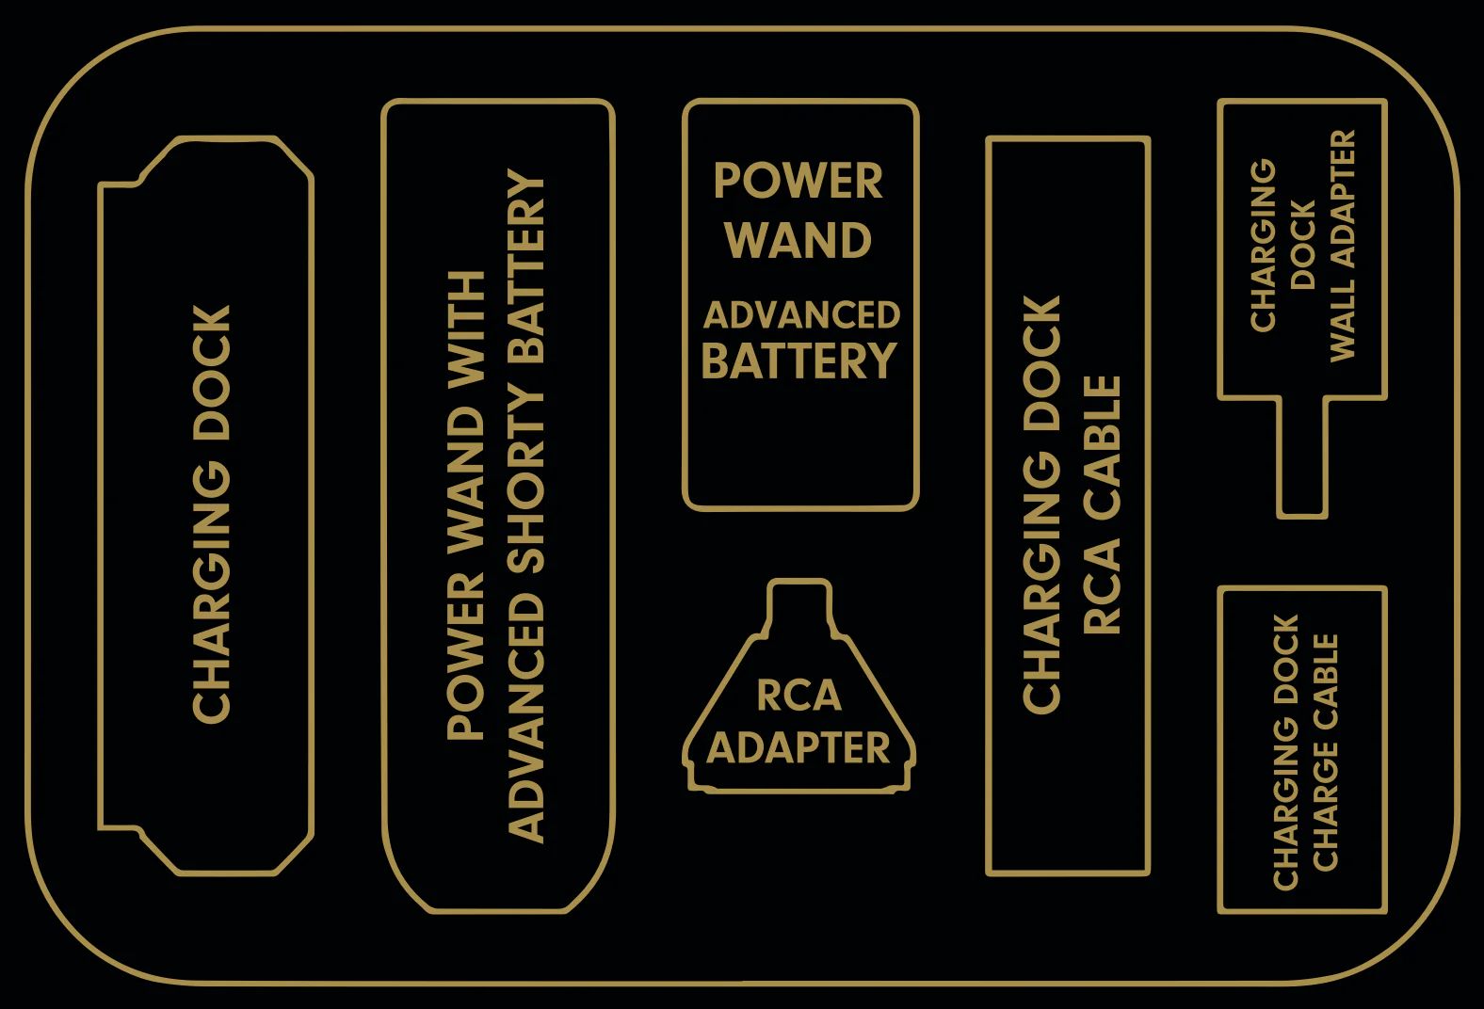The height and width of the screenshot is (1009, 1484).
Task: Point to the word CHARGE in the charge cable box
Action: pos(1326,809)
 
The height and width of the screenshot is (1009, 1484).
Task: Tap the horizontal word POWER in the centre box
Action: pos(798,181)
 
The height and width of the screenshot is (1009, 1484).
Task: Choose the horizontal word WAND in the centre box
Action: pos(798,241)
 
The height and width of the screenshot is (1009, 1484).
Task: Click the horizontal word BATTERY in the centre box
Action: pos(798,361)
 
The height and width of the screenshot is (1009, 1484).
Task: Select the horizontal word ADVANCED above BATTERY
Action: pos(801,315)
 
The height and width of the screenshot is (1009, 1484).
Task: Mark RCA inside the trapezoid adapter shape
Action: pos(798,696)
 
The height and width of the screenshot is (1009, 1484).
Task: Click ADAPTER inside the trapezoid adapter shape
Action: pos(798,748)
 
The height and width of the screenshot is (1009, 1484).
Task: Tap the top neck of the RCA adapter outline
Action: pos(799,602)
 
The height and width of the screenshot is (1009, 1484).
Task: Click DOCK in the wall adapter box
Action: pos(1303,245)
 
